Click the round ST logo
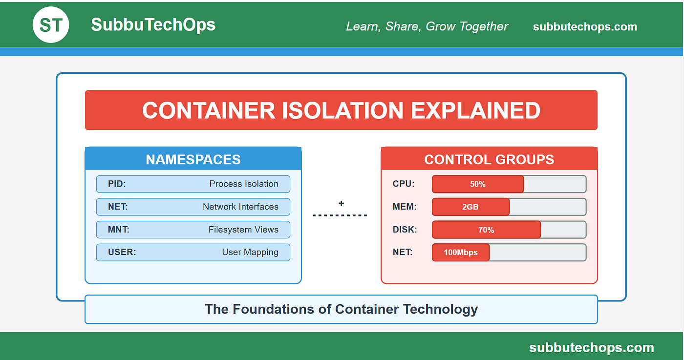[x=51, y=25]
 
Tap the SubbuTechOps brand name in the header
[x=153, y=25]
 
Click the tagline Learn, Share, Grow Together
[x=427, y=26]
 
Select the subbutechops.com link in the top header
[x=585, y=27]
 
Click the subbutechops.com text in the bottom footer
[x=592, y=347]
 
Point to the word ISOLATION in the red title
[x=342, y=110]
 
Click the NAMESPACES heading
[x=193, y=159]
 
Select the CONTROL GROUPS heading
[x=489, y=159]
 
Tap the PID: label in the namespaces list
[x=117, y=184]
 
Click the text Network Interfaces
[x=240, y=207]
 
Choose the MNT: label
[x=118, y=229]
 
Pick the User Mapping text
[x=250, y=252]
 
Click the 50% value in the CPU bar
[x=478, y=184]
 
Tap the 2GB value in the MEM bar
[x=470, y=207]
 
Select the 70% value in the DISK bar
[x=486, y=230]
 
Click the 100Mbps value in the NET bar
[x=460, y=253]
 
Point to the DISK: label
[x=405, y=229]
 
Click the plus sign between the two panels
[x=342, y=203]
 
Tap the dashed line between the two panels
[x=340, y=215]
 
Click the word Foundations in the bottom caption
[x=274, y=309]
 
